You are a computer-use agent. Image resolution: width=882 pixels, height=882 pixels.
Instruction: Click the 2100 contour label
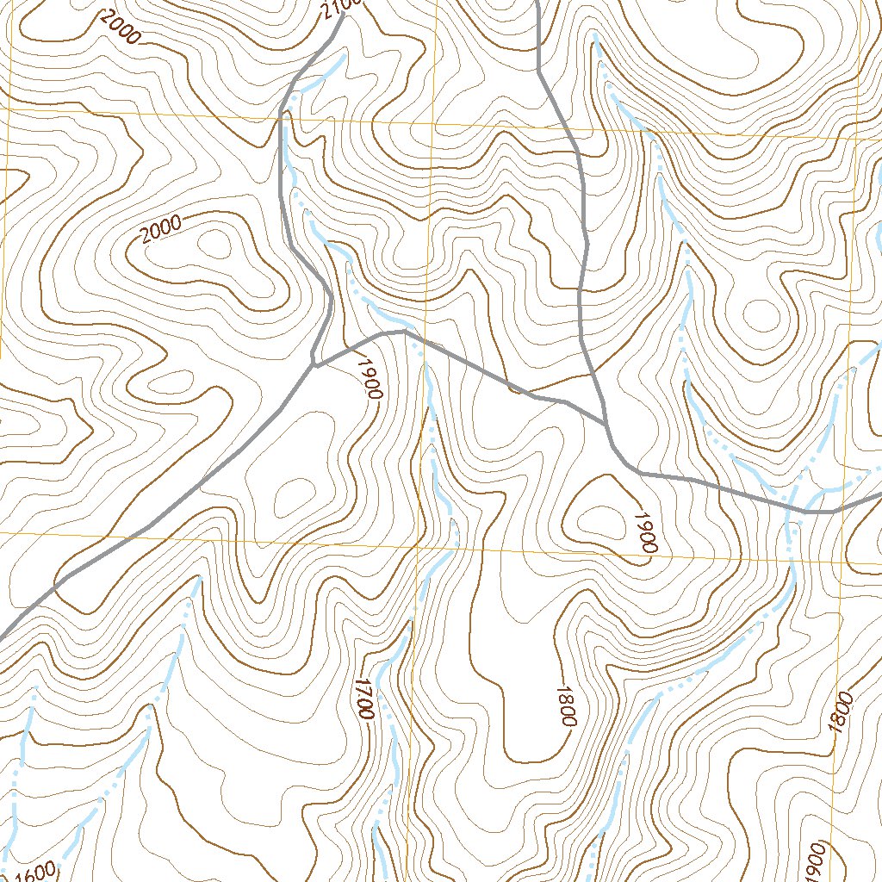[x=342, y=7]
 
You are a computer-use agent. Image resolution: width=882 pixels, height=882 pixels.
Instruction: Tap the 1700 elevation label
[x=363, y=699]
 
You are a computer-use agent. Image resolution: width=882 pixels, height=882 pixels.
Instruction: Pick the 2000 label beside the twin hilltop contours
[x=161, y=229]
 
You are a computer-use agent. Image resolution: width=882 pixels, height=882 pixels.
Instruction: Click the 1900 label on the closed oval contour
[x=646, y=531]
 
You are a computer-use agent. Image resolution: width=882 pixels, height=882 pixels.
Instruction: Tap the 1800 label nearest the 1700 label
[x=565, y=706]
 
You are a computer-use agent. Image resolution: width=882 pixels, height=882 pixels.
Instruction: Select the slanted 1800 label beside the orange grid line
[x=842, y=711]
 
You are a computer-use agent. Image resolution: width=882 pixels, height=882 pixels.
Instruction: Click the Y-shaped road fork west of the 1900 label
[x=316, y=365]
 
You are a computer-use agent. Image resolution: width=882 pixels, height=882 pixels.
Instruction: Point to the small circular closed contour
[x=759, y=316]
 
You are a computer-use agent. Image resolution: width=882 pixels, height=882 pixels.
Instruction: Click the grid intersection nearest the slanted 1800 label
[x=842, y=563]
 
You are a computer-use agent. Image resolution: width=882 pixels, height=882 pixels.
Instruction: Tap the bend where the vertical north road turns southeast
[x=539, y=71]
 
